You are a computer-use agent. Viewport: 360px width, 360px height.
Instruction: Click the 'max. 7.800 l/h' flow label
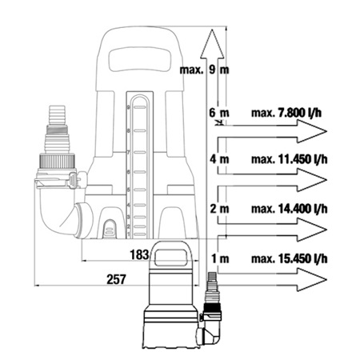pyautogui.click(x=286, y=113)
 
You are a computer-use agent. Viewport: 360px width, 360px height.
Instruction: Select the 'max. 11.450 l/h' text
pyautogui.click(x=290, y=159)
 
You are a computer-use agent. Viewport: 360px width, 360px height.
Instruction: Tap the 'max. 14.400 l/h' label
pyautogui.click(x=290, y=209)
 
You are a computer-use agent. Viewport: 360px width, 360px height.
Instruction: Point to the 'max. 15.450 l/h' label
pyautogui.click(x=290, y=258)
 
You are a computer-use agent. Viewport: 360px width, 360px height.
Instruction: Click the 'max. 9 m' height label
pyautogui.click(x=204, y=70)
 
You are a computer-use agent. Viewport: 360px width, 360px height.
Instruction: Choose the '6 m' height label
pyautogui.click(x=219, y=113)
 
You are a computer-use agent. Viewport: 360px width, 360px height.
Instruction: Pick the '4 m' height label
pyautogui.click(x=219, y=159)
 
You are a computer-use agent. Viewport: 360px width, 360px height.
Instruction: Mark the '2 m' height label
pyautogui.click(x=219, y=209)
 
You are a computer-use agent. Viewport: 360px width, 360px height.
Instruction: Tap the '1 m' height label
pyautogui.click(x=220, y=258)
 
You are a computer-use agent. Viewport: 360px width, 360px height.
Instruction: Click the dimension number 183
pyautogui.click(x=139, y=254)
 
